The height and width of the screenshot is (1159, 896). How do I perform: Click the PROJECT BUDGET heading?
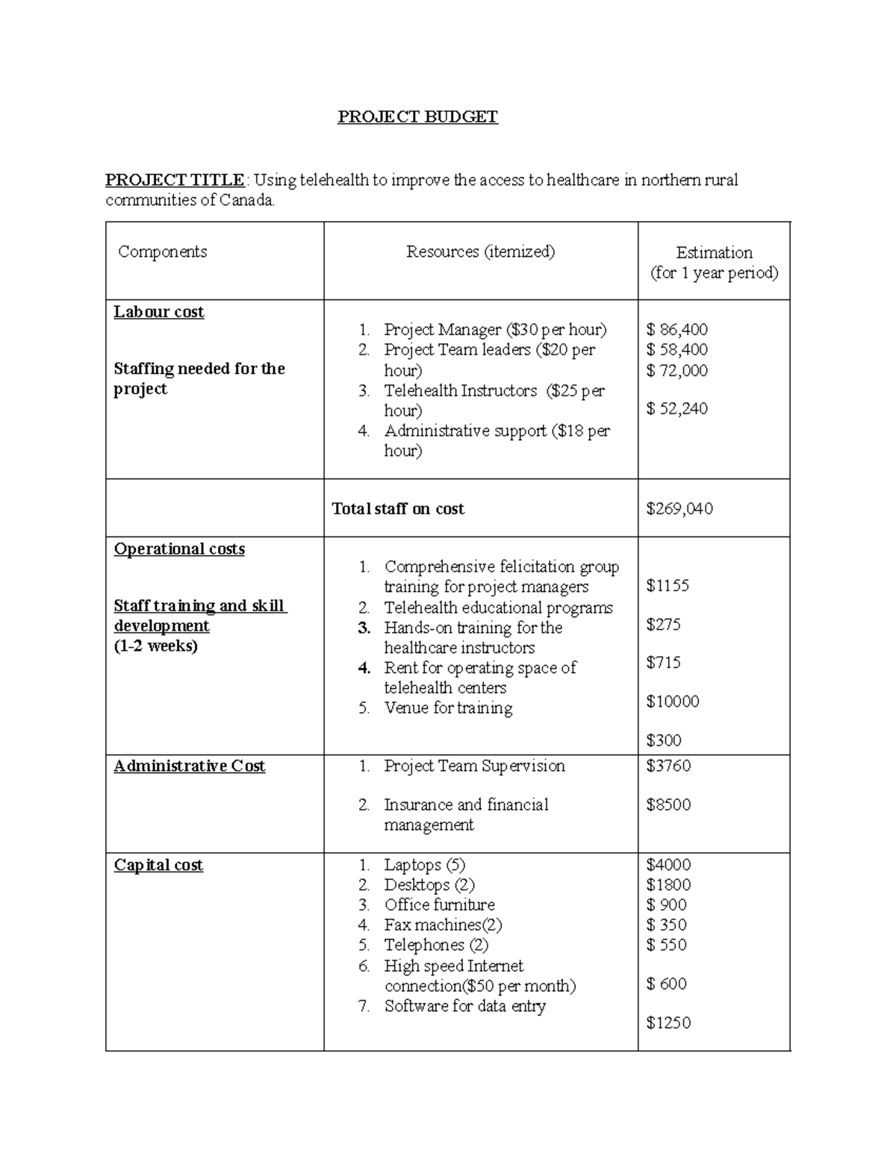(x=417, y=117)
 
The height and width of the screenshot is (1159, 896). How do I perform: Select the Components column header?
(x=162, y=252)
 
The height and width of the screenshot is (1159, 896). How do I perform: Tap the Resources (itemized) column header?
(x=480, y=252)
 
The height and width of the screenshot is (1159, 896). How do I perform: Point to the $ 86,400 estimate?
(x=676, y=329)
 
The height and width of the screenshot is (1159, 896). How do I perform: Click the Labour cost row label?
(x=158, y=312)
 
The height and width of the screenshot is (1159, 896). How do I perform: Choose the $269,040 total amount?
(x=679, y=509)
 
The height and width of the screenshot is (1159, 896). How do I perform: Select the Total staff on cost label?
(x=397, y=509)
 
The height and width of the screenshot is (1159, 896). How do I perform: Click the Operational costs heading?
(x=179, y=549)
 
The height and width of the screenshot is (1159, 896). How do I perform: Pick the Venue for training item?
(x=448, y=708)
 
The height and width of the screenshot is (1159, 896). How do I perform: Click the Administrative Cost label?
(x=189, y=766)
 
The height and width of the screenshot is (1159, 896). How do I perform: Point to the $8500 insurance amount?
(x=668, y=805)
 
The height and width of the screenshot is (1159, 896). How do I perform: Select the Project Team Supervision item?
(x=474, y=766)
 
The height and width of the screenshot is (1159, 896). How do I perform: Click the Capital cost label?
(x=158, y=865)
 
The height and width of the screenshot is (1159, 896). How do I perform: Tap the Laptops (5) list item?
(x=424, y=865)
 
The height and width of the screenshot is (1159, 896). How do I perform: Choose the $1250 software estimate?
(x=668, y=1023)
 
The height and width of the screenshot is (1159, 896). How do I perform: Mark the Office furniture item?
(x=439, y=905)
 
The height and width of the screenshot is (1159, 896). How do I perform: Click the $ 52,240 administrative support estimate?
(x=676, y=409)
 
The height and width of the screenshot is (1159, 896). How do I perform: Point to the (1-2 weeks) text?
(x=155, y=646)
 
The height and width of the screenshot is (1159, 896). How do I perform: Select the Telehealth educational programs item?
(x=498, y=608)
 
